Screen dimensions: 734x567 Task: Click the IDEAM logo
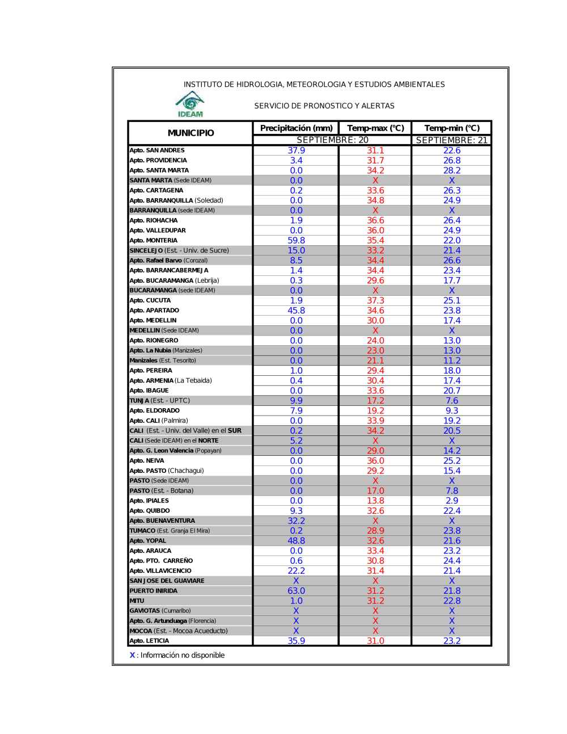pos(190,104)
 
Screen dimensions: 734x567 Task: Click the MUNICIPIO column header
pos(191,133)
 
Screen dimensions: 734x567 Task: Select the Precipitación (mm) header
pos(296,128)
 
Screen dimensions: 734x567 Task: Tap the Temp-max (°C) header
pos(375,128)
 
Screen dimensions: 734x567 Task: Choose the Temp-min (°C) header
pos(451,128)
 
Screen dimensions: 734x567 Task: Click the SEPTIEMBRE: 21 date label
pos(451,140)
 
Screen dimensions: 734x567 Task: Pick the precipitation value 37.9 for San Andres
pos(296,150)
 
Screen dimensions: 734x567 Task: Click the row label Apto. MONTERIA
pos(153,241)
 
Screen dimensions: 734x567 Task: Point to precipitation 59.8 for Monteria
pos(296,241)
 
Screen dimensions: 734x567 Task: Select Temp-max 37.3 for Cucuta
pos(375,301)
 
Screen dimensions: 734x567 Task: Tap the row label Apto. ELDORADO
pos(154,410)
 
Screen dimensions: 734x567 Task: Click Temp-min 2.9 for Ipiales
pos(452,501)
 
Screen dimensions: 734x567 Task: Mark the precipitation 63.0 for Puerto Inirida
pos(296,591)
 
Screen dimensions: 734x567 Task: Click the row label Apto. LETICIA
pos(149,641)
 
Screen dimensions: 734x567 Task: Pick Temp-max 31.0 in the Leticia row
pos(375,641)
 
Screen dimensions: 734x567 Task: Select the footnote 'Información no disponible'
pos(182,655)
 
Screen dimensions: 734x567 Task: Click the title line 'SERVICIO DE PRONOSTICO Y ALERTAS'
pos(324,106)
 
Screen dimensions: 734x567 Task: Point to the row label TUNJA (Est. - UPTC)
pos(159,401)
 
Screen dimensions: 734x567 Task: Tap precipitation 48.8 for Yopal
pos(296,541)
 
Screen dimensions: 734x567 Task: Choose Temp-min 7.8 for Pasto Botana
pos(452,491)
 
